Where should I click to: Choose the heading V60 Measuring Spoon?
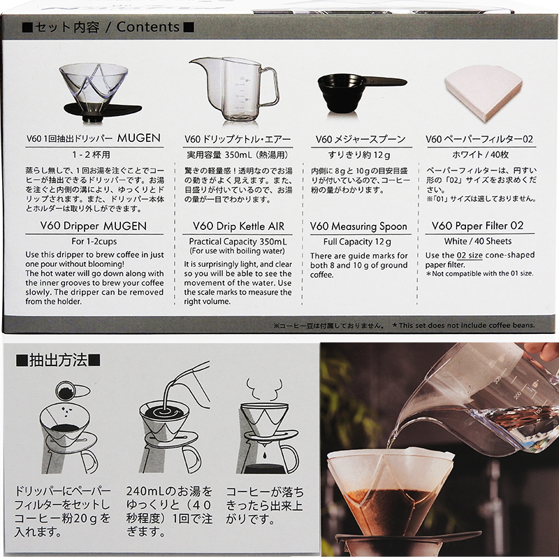click(357, 226)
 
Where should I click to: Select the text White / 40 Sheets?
click(479, 242)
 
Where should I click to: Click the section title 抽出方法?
click(59, 361)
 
